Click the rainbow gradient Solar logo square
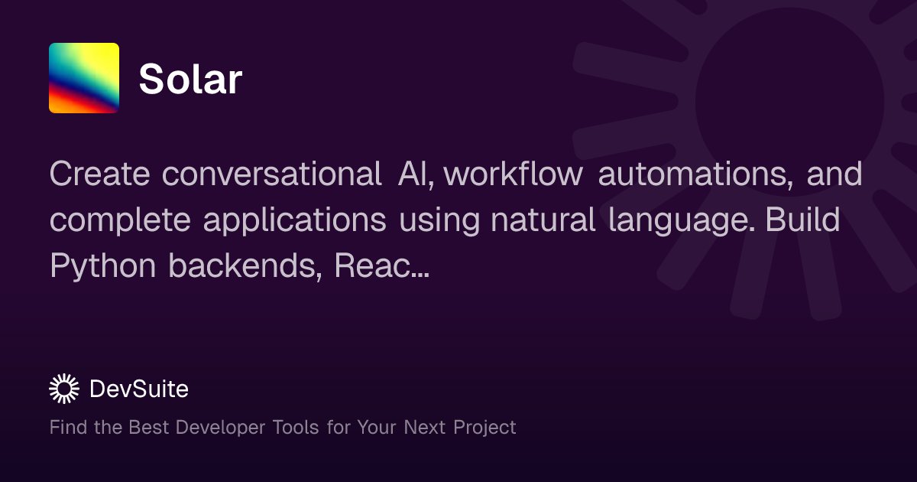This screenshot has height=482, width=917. [84, 78]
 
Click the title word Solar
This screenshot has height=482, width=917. [190, 79]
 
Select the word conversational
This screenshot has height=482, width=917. [271, 174]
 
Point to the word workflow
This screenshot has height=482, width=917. [513, 174]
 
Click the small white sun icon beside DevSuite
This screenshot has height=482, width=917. [64, 389]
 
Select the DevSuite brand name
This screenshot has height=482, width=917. [138, 389]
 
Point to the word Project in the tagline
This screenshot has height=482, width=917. [484, 427]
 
